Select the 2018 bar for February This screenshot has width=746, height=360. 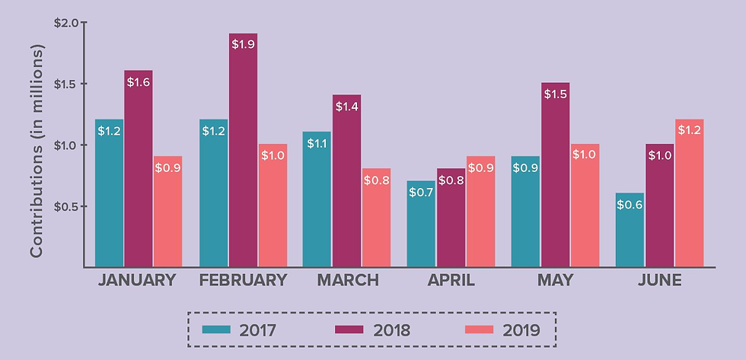coord(243,152)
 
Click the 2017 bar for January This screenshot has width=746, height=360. coord(109,194)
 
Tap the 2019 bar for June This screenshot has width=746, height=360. coord(688,194)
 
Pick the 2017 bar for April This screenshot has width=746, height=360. coord(421,225)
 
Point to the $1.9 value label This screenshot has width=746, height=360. coord(243,45)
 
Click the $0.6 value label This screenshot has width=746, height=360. coord(630,204)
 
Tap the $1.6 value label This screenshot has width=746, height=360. coord(139,81)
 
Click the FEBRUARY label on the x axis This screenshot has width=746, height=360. coord(243,280)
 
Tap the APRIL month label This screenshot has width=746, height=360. coord(451,280)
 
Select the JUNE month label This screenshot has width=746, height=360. coord(659,280)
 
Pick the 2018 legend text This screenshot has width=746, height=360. coord(390,330)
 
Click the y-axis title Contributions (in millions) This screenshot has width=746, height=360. coord(37,151)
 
